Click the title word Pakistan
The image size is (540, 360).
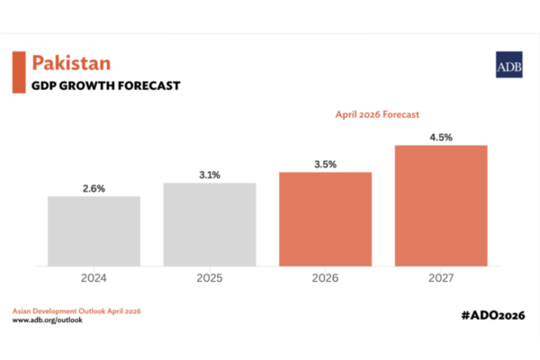click(71, 63)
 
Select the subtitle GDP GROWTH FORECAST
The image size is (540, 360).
click(105, 85)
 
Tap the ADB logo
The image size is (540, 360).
click(509, 65)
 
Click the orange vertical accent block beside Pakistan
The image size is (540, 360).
click(19, 72)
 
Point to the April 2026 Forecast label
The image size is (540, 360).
click(377, 114)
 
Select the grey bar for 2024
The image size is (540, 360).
click(94, 231)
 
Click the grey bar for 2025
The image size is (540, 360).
click(210, 225)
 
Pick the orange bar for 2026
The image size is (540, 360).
click(326, 219)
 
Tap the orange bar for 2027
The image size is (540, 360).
click(441, 206)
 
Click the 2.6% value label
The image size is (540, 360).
click(94, 188)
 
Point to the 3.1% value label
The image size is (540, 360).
click(210, 175)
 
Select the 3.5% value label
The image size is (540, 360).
click(326, 165)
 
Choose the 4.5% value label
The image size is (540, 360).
click(441, 138)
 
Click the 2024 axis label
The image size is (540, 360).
click(94, 278)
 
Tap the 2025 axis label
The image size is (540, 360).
click(210, 278)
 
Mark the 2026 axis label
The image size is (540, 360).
click(325, 278)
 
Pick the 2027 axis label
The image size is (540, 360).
click(441, 278)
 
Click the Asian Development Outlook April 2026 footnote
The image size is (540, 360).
click(76, 311)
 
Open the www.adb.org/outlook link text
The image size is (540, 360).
click(48, 320)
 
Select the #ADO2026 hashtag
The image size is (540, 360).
click(493, 315)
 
